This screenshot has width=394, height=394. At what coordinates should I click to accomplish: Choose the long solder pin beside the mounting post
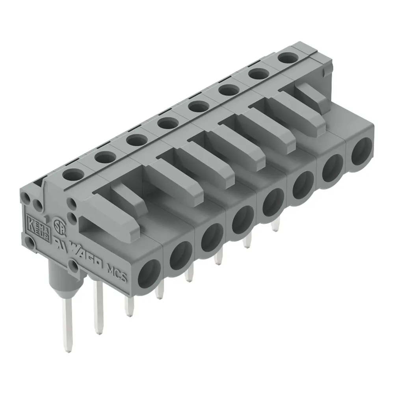(98, 307)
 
